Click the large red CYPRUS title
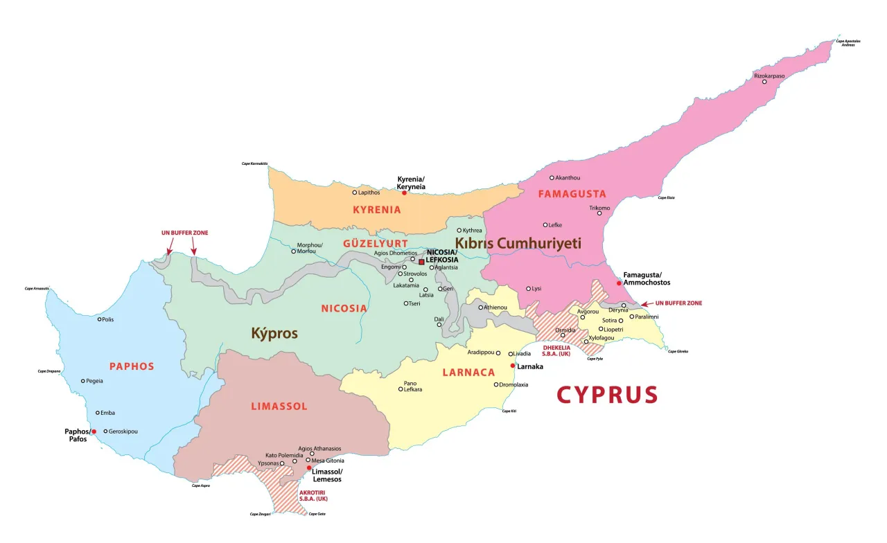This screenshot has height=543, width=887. click(x=607, y=395)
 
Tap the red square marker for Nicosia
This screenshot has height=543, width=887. click(x=421, y=262)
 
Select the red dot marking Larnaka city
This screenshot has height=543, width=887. click(x=513, y=366)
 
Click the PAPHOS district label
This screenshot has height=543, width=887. click(x=131, y=366)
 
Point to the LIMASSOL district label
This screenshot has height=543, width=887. click(x=279, y=406)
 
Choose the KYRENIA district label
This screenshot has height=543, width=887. click(x=377, y=210)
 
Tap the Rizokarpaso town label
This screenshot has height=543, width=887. click(x=769, y=75)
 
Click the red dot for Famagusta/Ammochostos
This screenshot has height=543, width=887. click(x=619, y=283)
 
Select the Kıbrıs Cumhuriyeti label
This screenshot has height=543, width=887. click(x=518, y=243)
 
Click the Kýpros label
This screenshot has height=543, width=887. click(x=274, y=333)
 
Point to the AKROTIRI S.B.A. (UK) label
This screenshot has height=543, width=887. click(x=313, y=495)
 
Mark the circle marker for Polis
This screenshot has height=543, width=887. click(x=100, y=319)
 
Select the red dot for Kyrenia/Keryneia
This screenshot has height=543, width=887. click(x=404, y=193)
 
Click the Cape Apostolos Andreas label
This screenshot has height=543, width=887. click(x=848, y=43)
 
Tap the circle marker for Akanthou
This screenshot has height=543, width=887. click(x=552, y=177)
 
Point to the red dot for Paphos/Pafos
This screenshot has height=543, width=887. click(x=94, y=431)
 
